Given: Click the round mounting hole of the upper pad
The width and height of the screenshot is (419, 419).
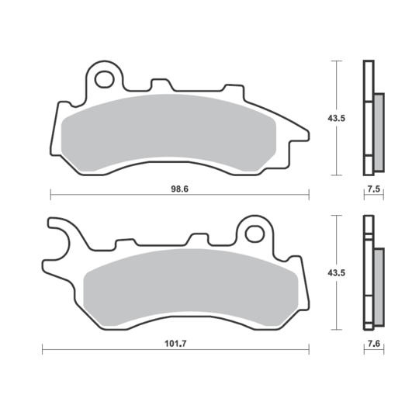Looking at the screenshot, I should (x=104, y=78).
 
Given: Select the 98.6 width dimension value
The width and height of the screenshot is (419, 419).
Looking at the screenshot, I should (x=179, y=188).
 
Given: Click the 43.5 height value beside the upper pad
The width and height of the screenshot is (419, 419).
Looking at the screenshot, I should (x=337, y=118).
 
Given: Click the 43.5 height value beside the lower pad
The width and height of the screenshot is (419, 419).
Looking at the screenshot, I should (x=337, y=273).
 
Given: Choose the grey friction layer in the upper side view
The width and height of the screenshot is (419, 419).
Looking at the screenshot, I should (x=379, y=132).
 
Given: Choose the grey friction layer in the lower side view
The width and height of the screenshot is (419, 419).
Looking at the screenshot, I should (x=379, y=287).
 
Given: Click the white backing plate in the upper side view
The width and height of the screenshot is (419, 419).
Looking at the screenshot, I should (x=368, y=116).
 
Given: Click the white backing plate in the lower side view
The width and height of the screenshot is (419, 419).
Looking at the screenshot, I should (x=368, y=272).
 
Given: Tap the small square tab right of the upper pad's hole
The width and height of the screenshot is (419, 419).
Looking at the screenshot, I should (x=161, y=83).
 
